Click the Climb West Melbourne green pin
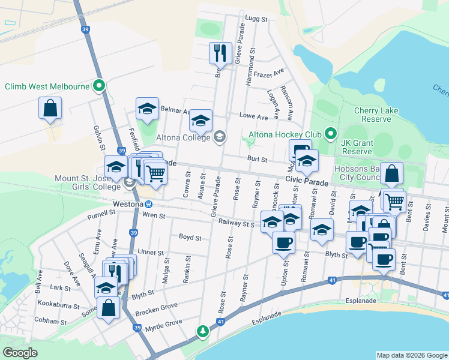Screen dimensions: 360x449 click(x=100, y=86)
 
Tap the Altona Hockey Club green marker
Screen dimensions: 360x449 click(x=330, y=133)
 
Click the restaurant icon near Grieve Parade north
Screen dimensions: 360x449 click(x=220, y=53)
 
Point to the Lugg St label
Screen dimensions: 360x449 click(x=256, y=19)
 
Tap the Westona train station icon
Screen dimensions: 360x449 click(x=139, y=204)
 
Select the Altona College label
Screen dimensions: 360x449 click(x=182, y=137)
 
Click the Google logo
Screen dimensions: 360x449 click(x=20, y=352)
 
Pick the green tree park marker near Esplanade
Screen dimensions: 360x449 click(x=203, y=331)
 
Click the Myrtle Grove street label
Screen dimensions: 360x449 click(x=164, y=323)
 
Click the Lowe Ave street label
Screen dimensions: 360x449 click(x=253, y=116)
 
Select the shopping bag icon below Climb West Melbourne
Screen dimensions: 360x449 click(x=50, y=109)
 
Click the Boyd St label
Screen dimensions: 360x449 click(x=190, y=237)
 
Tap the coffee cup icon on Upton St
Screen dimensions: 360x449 click(x=283, y=242)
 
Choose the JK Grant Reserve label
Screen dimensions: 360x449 click(x=357, y=147)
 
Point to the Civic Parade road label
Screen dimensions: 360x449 click(x=306, y=181)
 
